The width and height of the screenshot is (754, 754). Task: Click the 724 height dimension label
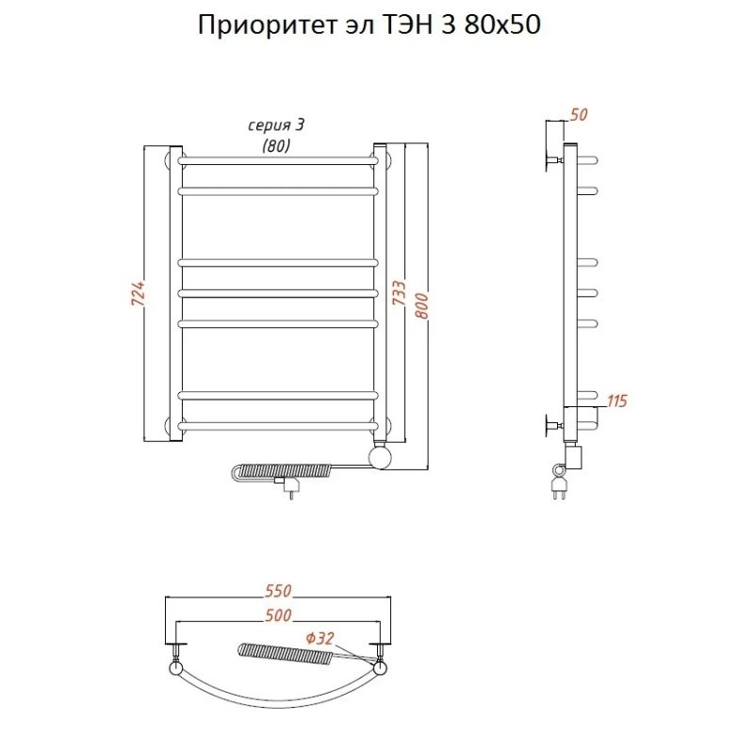point(136,294)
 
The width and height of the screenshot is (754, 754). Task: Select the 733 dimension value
point(399,294)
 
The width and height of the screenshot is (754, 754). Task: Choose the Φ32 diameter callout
point(320,639)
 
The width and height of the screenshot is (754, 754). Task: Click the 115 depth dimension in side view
point(617,402)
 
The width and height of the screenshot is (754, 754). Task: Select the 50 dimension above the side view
point(579,115)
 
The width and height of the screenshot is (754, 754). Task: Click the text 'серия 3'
point(277,126)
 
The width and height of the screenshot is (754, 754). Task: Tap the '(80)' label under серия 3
point(277,145)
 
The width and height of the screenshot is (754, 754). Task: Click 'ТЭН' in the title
point(409,25)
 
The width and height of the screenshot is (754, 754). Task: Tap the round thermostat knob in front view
point(382,458)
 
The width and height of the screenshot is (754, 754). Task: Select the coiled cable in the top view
point(283,650)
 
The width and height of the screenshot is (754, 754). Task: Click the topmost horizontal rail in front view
point(278,161)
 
